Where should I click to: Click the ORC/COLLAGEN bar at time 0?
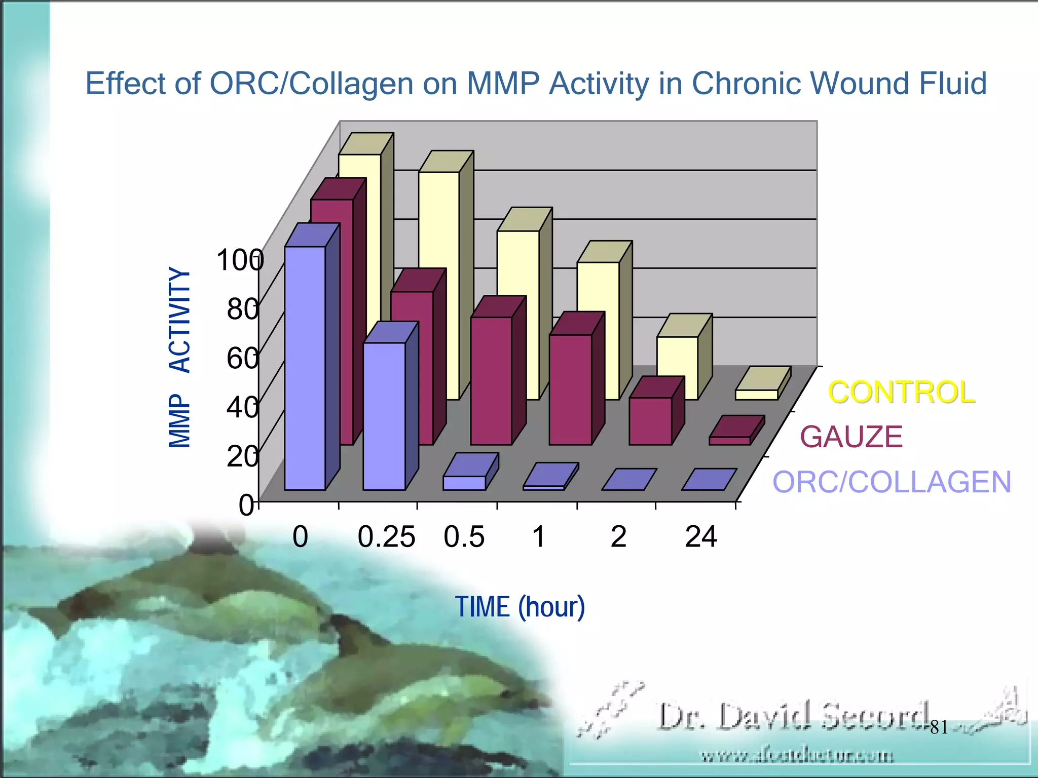[305, 368]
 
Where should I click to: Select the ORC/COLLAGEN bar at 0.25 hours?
[384, 416]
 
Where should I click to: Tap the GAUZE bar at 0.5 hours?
[491, 380]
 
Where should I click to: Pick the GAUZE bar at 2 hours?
[650, 421]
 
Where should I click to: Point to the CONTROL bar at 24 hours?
[757, 395]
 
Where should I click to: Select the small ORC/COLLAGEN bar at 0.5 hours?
[464, 483]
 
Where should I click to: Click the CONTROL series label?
[901, 393]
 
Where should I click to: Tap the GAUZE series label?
[851, 437]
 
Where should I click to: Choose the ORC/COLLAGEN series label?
[892, 482]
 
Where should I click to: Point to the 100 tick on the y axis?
[240, 260]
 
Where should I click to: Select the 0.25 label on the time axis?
[386, 537]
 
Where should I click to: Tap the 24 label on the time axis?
[701, 537]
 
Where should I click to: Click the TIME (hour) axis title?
[520, 607]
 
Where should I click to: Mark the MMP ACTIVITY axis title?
[179, 358]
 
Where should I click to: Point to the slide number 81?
[939, 728]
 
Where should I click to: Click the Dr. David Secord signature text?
[793, 716]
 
